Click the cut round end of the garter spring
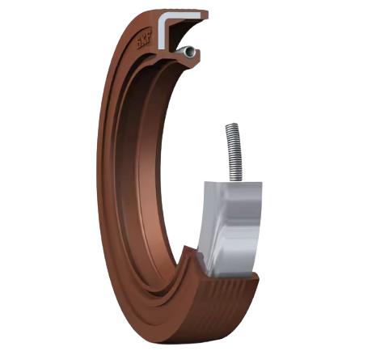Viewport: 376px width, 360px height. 188,53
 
